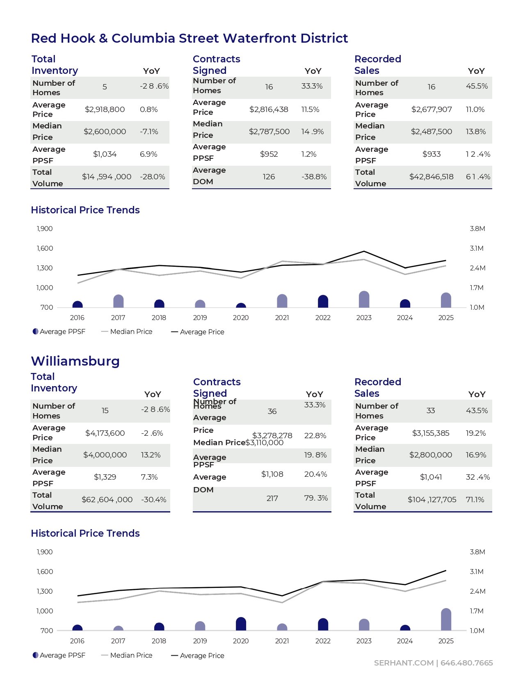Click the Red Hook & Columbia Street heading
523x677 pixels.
click(189, 38)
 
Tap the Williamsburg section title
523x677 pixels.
click(75, 361)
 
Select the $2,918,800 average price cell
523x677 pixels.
click(105, 110)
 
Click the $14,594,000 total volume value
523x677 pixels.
click(107, 177)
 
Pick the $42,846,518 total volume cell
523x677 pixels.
click(431, 177)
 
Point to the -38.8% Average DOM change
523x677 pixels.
click(314, 177)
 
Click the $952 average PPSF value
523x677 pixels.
click(269, 154)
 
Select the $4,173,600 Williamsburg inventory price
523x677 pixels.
click(105, 433)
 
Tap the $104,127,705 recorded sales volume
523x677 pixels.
click(432, 500)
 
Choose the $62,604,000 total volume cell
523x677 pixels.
click(107, 500)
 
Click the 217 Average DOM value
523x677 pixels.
click(272, 499)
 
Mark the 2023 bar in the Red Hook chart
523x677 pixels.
click(364, 300)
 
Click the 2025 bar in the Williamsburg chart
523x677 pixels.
click(446, 620)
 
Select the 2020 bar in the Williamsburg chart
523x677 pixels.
click(241, 624)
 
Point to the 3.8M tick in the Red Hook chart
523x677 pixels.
click(477, 229)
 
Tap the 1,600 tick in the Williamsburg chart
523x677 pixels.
click(45, 572)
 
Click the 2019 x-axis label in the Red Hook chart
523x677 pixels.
click(200, 318)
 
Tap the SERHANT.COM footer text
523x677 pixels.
click(403, 663)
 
